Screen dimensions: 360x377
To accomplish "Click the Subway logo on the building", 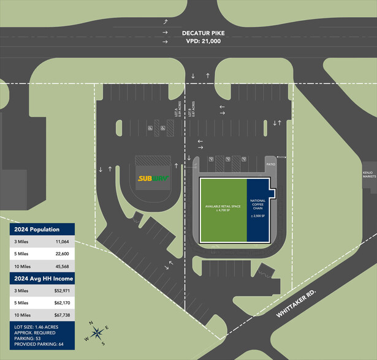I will point(153,179).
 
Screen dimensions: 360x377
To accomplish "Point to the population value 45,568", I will point(61,266).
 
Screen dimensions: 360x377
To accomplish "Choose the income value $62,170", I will point(59,303).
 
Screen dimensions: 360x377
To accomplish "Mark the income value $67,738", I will point(59,315).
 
